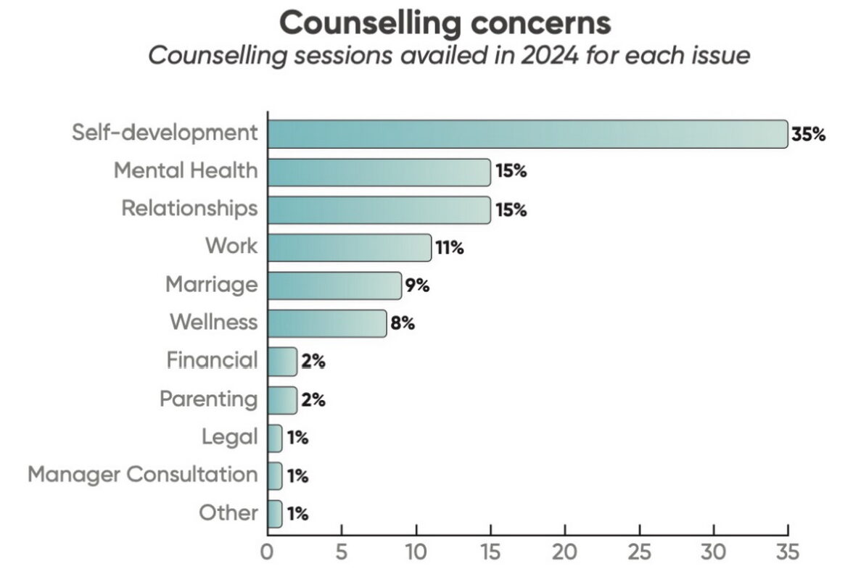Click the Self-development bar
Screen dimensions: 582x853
point(527,134)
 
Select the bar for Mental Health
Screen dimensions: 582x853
point(379,172)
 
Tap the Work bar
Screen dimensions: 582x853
point(349,247)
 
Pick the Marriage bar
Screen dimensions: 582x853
point(334,285)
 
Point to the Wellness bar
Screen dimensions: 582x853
point(326,323)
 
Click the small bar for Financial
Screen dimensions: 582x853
point(282,361)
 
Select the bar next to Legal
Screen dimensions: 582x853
point(275,438)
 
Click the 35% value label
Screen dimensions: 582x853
point(809,134)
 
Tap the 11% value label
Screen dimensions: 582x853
point(449,247)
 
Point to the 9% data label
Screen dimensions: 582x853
point(417,285)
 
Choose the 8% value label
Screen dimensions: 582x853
point(403,323)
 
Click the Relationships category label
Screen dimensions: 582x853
point(189,208)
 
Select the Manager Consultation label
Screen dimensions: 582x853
point(143,475)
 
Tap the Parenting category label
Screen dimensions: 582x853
point(208,399)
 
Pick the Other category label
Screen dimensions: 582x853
point(228,513)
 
